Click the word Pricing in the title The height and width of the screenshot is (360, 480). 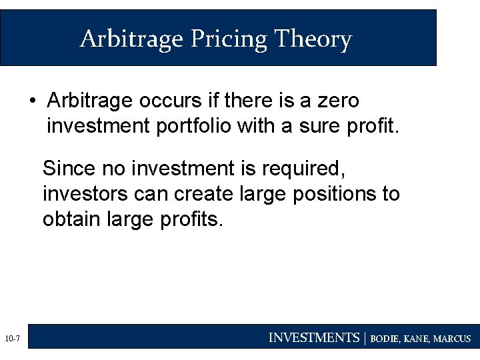[x=229, y=39]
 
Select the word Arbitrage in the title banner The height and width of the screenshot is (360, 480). [x=132, y=39]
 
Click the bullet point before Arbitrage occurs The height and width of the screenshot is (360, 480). [x=32, y=101]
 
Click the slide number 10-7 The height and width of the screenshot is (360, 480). [x=12, y=340]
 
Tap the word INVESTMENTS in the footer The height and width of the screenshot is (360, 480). [x=313, y=338]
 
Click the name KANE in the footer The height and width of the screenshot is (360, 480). [x=417, y=339]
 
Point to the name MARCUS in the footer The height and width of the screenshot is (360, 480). [x=452, y=339]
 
